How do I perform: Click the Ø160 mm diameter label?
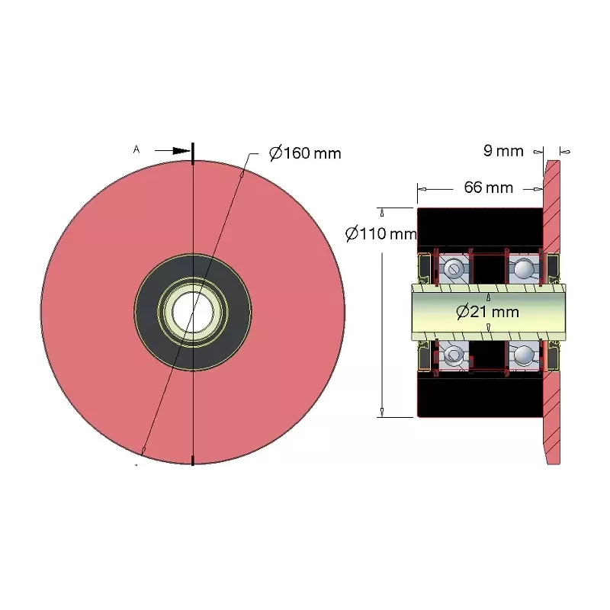(305, 153)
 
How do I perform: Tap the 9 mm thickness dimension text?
(503, 151)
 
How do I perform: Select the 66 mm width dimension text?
(489, 188)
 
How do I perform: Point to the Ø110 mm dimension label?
(380, 234)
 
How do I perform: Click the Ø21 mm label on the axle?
(487, 312)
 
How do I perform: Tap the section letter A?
(136, 149)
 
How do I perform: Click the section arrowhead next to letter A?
(181, 150)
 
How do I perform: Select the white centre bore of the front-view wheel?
(192, 312)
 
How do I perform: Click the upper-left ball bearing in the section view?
(454, 268)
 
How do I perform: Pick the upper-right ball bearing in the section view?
(524, 268)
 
